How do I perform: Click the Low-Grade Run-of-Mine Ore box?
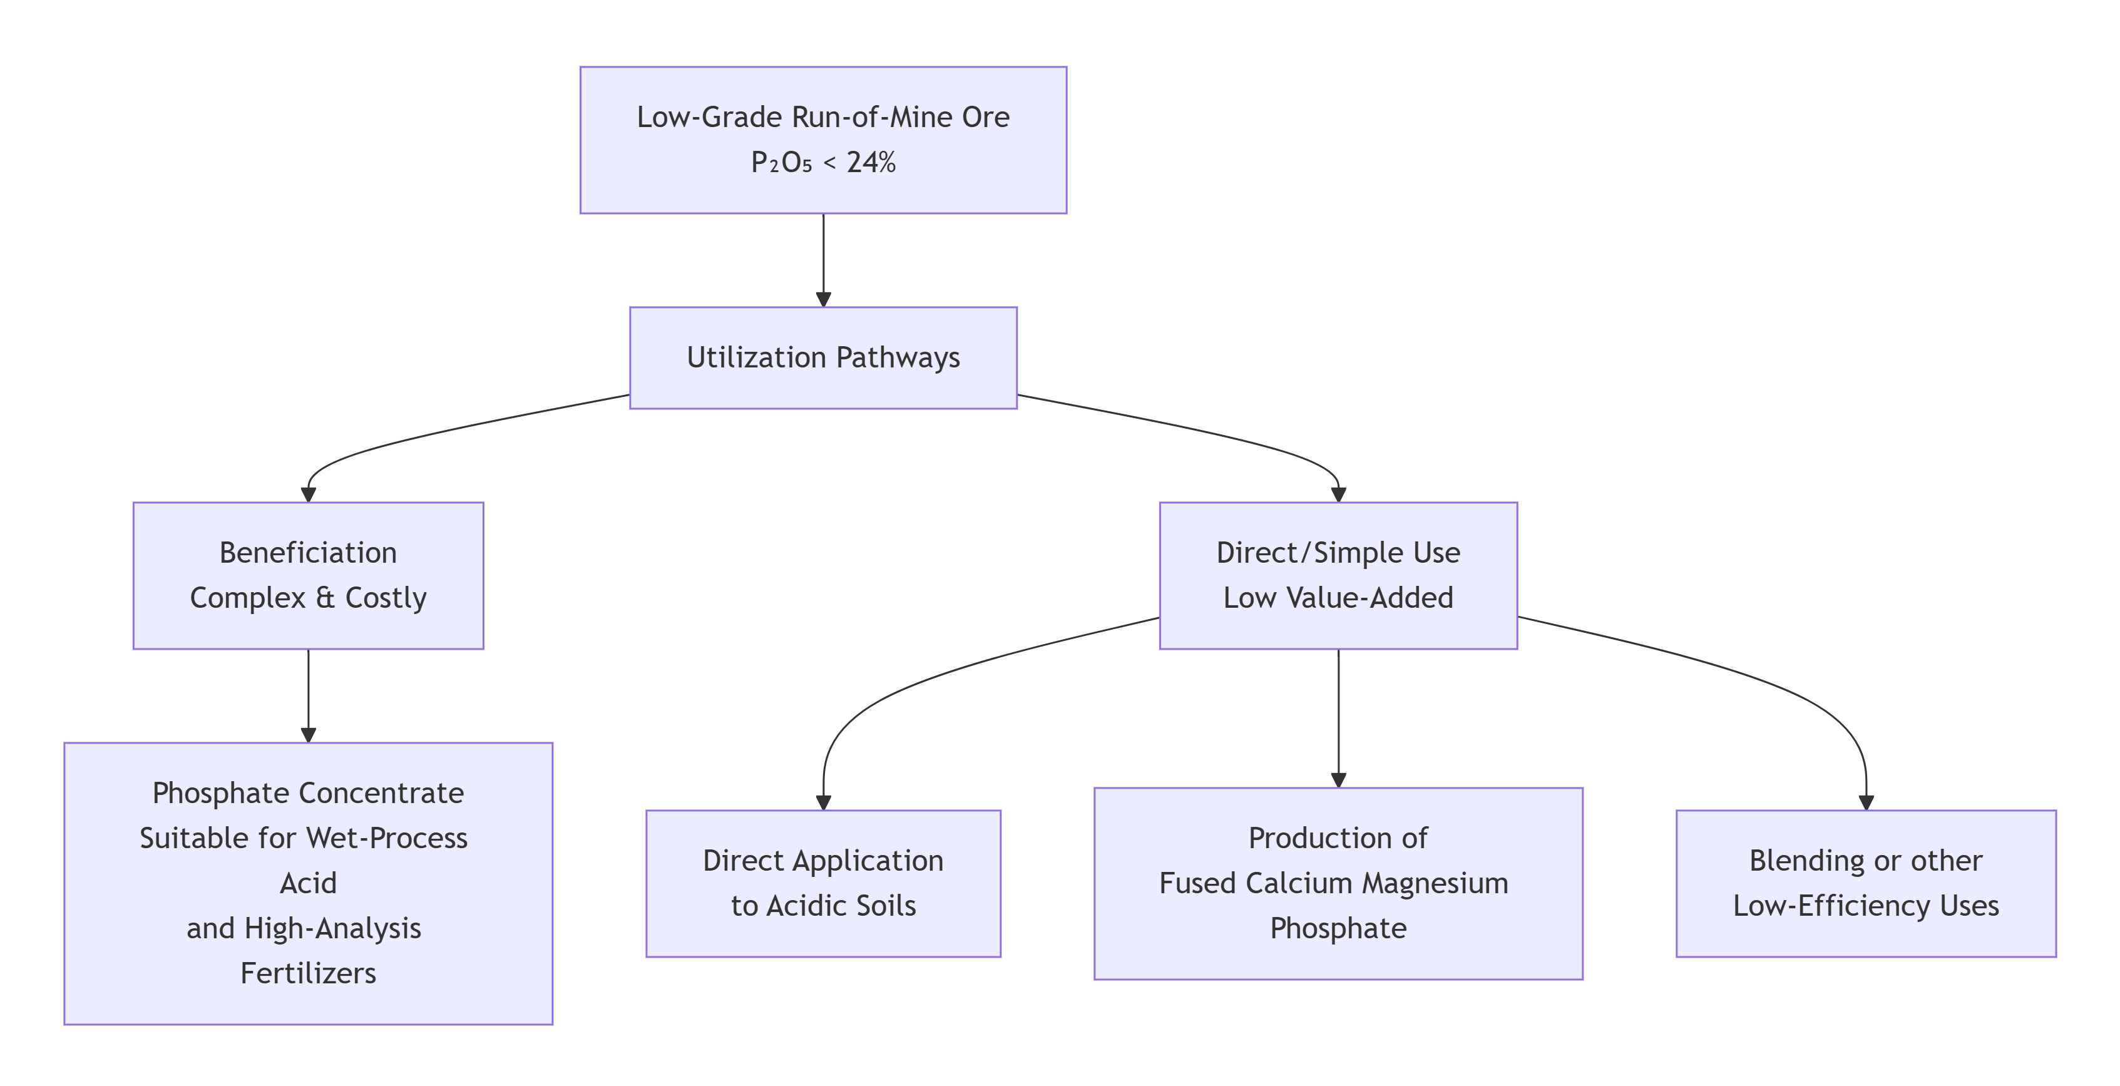pos(823,140)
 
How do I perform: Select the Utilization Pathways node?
pos(823,357)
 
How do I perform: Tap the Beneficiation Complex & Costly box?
pos(308,575)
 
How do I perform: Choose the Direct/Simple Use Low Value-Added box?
pos(1338,575)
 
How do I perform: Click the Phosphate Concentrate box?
pos(308,883)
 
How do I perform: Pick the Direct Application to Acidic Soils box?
pos(823,883)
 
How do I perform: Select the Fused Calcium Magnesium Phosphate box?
pos(1338,883)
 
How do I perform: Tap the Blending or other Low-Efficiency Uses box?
pos(1866,883)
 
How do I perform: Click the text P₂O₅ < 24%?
pos(823,163)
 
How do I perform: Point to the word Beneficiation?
pos(308,553)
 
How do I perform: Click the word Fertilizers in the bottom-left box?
pos(308,973)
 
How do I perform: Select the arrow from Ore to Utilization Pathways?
pos(823,259)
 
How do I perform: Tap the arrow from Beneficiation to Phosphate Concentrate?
pos(308,695)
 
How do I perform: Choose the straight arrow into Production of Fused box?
pos(1338,716)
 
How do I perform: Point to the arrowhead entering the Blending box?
pos(1866,802)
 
